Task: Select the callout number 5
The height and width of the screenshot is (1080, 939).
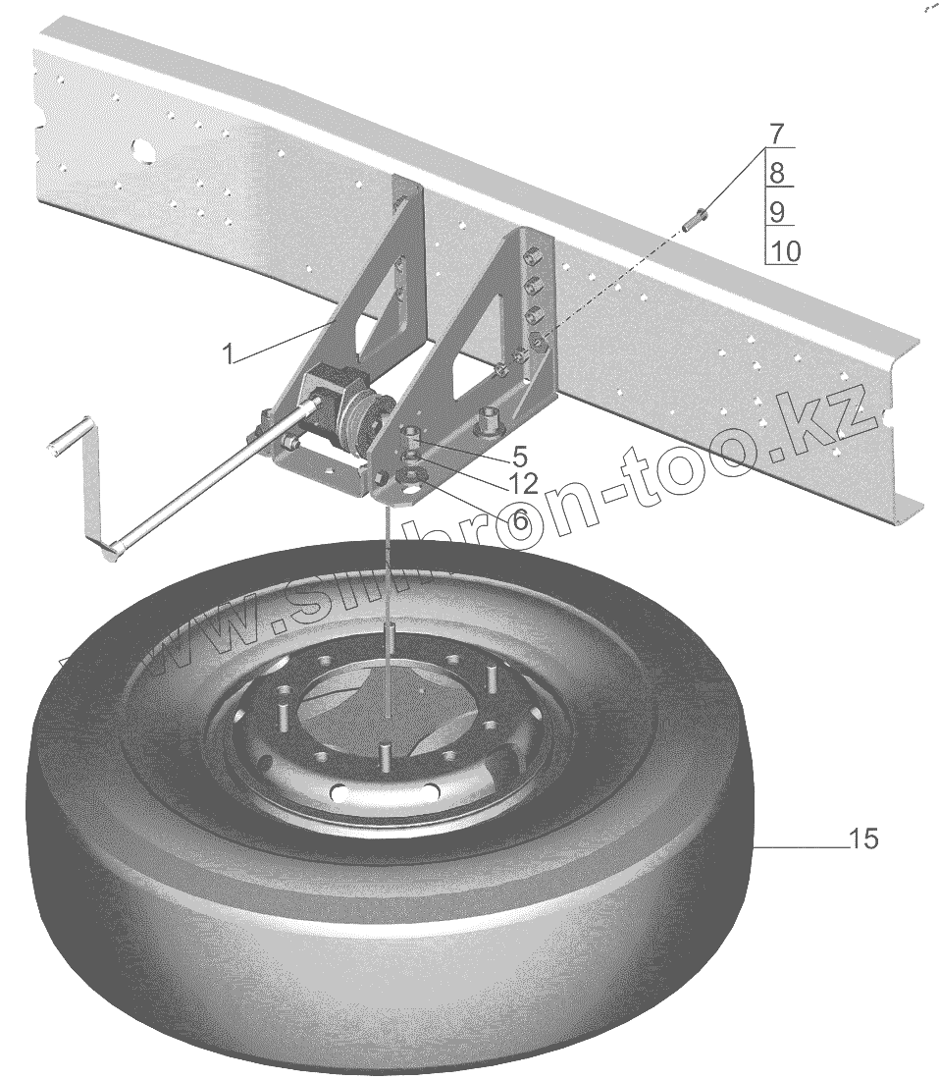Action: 519,456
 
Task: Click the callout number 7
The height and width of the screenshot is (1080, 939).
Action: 776,134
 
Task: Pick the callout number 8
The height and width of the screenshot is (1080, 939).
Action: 776,173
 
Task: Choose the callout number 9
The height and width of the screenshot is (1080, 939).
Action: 776,212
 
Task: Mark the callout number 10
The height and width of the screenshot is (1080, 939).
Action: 784,251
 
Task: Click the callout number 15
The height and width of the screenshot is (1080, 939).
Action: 863,839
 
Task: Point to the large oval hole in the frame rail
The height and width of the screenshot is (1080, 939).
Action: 142,149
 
